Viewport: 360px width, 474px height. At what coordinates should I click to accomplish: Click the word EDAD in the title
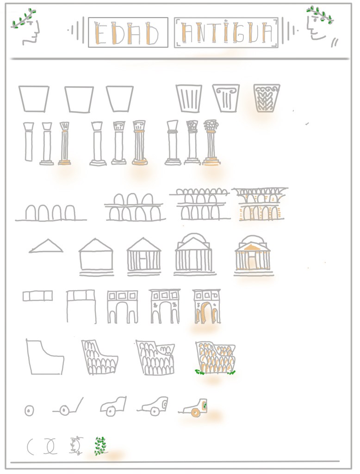click(x=127, y=33)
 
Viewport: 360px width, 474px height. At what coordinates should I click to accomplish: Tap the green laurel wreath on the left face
click(x=23, y=19)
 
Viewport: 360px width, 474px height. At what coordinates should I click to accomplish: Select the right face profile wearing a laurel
click(x=319, y=26)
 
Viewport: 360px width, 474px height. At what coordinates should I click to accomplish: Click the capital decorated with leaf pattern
click(x=267, y=98)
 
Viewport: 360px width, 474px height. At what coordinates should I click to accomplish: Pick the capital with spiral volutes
click(x=226, y=98)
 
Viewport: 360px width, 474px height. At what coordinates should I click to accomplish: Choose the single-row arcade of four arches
click(x=51, y=213)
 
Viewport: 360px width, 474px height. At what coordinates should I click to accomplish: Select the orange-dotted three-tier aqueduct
click(x=260, y=204)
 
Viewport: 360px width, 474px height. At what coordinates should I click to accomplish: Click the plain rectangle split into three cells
click(x=38, y=296)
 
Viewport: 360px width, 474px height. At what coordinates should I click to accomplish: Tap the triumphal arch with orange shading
click(x=207, y=306)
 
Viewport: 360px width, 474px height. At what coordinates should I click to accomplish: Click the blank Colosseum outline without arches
click(x=45, y=357)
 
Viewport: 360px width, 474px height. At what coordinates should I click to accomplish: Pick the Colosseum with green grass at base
click(x=215, y=358)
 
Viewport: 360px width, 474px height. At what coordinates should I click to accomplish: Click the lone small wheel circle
click(x=29, y=411)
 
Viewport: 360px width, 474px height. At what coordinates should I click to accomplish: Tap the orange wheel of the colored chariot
click(x=195, y=412)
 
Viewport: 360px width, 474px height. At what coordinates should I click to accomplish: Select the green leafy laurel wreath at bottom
click(x=100, y=446)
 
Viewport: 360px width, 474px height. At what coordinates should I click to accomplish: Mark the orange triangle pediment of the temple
click(x=252, y=248)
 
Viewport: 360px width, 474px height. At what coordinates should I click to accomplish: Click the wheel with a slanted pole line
click(x=68, y=407)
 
